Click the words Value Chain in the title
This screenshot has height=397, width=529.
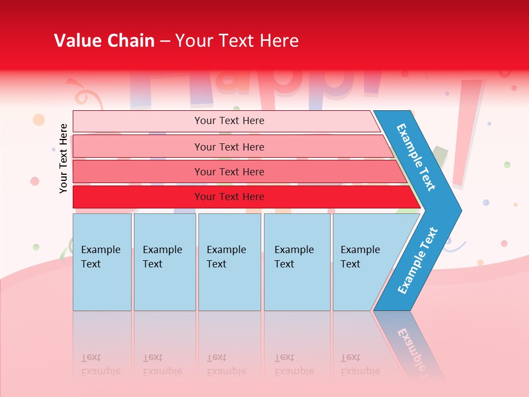pos(104,41)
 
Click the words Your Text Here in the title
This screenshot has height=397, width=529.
pos(237,41)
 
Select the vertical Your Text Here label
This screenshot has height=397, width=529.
pos(63,158)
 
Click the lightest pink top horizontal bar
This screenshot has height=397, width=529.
pos(229,121)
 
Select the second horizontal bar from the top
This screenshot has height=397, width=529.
pos(229,147)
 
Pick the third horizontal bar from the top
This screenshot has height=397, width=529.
pos(229,171)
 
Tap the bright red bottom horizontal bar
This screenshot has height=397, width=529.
pos(229,197)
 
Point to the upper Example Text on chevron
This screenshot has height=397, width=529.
pos(416,157)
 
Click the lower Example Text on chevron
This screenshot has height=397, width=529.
pos(417,261)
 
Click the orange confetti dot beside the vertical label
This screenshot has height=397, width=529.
pos(39,119)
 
